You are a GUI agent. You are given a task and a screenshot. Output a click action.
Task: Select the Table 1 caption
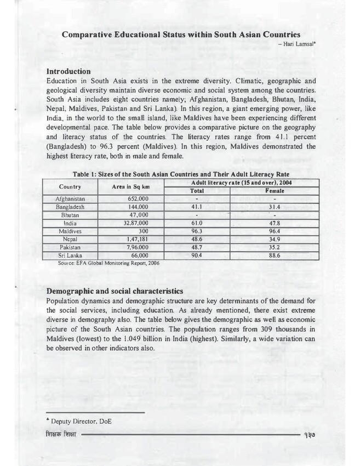pyautogui.click(x=181, y=174)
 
